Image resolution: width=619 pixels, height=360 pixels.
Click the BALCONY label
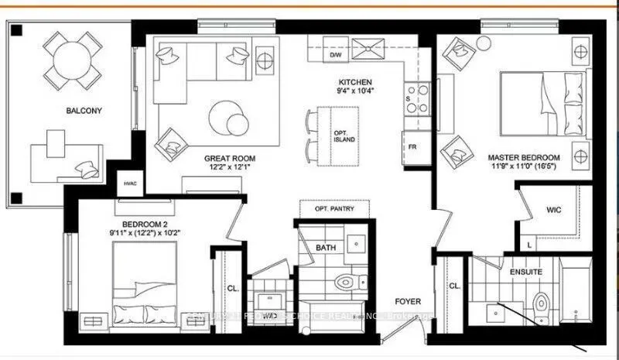(84, 111)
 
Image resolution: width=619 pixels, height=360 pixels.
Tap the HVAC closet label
(128, 183)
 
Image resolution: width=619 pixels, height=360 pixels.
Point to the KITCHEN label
(355, 82)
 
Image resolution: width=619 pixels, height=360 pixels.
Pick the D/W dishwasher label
(336, 56)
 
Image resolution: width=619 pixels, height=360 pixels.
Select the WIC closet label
(554, 208)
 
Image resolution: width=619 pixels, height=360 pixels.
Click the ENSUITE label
(525, 272)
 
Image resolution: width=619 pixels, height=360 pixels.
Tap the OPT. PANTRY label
(333, 210)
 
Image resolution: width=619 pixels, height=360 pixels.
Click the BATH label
(326, 248)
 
